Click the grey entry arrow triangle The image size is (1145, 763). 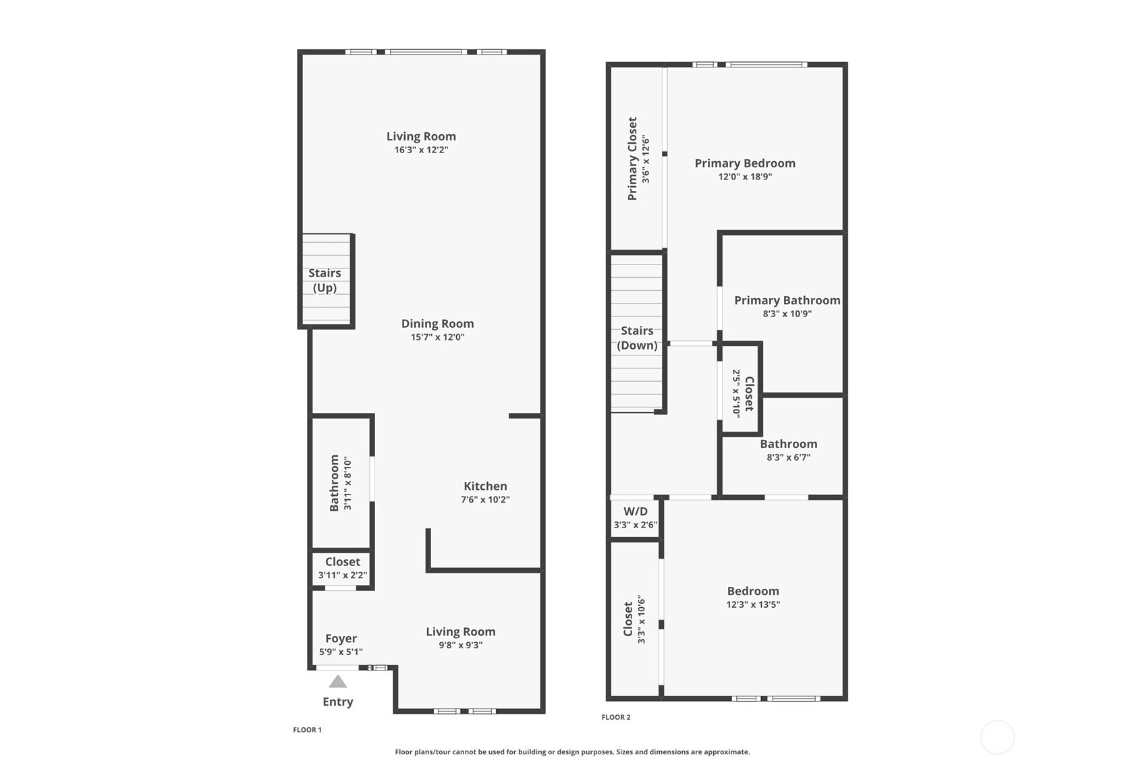pos(338,681)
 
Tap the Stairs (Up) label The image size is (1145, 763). pos(325,281)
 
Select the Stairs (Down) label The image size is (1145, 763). pos(637,338)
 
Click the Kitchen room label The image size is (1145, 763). pos(485,486)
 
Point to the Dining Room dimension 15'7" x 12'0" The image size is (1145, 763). pos(437,337)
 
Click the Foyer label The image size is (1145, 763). pos(341,638)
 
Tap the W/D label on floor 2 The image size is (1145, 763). pos(636,511)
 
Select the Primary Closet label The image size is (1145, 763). pos(632,159)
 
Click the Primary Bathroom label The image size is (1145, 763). pos(787,300)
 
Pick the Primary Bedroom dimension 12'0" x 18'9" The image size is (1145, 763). pos(745,177)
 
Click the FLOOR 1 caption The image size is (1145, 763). pos(307,730)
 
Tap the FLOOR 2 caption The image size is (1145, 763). pos(616,717)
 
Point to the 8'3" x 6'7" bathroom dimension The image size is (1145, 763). pos(788,457)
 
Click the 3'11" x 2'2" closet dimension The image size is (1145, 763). pos(343,575)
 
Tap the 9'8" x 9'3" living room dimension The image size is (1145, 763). pos(461,645)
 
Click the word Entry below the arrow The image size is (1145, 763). pos(338,702)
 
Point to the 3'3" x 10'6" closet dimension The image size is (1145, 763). pos(642,619)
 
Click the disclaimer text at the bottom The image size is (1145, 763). pos(572,752)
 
